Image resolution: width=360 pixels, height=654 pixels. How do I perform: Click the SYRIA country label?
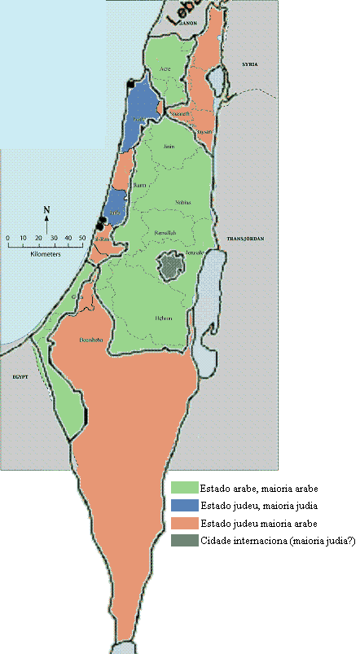point(249,64)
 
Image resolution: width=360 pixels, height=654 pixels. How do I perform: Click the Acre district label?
point(167,69)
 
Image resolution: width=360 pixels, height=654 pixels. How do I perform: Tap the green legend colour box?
point(180,488)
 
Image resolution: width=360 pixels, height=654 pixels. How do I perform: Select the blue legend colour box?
point(180,505)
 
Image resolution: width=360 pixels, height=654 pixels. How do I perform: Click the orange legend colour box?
point(180,522)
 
